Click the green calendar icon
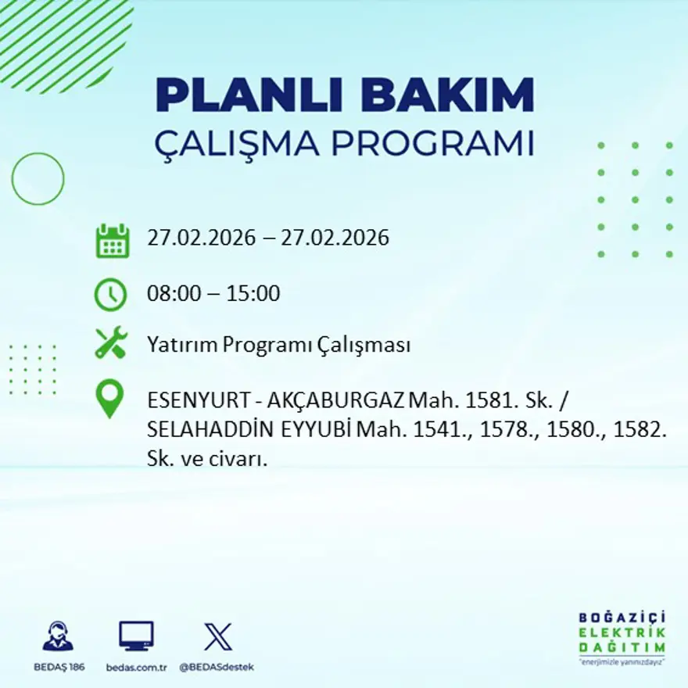coord(112,241)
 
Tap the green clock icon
coord(110,295)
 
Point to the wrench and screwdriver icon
coord(110,344)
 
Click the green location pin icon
coord(110,398)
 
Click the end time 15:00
coord(253,294)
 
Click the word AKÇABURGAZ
coord(336,401)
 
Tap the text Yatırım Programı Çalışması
coord(278,345)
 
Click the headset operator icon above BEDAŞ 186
coord(58,636)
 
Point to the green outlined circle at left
coord(38,179)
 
